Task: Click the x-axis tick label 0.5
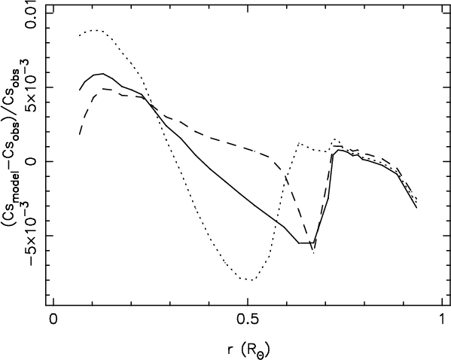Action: tap(247, 320)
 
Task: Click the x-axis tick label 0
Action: tap(53, 320)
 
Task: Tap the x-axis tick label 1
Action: tap(442, 320)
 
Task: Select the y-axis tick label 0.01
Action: tap(31, 14)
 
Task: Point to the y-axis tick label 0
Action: tap(31, 161)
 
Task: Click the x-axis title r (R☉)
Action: tap(248, 350)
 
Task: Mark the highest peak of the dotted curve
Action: tap(96, 30)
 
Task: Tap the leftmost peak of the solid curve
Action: tap(102, 74)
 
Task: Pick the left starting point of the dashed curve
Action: tap(79, 134)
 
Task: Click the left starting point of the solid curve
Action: tap(79, 90)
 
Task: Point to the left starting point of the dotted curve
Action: tap(79, 35)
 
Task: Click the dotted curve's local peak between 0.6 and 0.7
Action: tap(299, 143)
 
